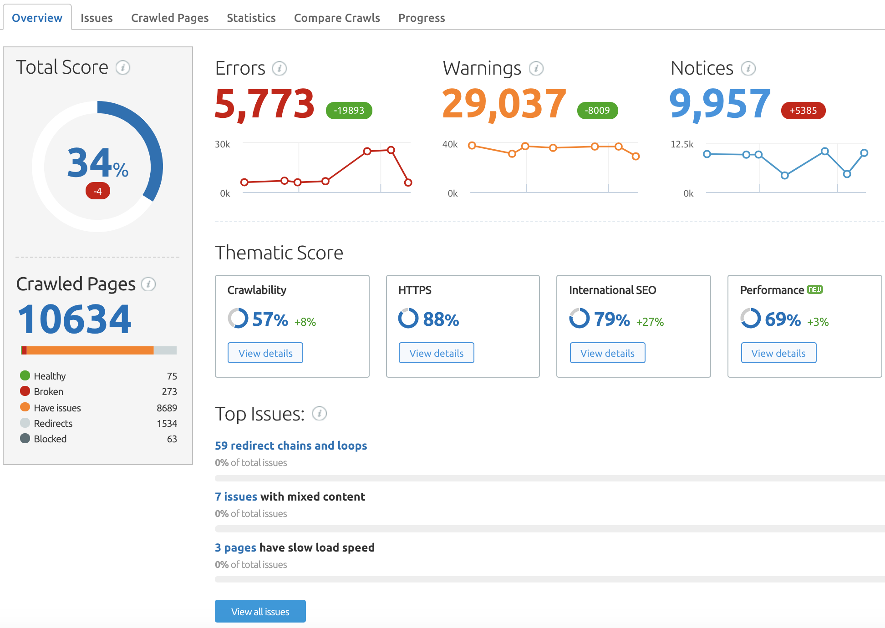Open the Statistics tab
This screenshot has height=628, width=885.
pyautogui.click(x=251, y=18)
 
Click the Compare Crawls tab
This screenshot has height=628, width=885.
pyautogui.click(x=336, y=18)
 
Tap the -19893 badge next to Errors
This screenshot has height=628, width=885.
pyautogui.click(x=349, y=111)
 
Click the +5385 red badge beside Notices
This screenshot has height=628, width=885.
pyautogui.click(x=803, y=111)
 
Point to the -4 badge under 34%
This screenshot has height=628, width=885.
pyautogui.click(x=97, y=191)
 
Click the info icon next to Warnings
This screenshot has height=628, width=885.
pyautogui.click(x=536, y=68)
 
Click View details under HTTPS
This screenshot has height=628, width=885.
pyautogui.click(x=436, y=353)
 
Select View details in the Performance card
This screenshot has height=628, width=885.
pyautogui.click(x=778, y=353)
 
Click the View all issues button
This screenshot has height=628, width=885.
pyautogui.click(x=260, y=611)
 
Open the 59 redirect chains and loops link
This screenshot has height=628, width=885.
pyautogui.click(x=290, y=446)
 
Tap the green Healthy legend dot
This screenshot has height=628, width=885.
pyautogui.click(x=25, y=375)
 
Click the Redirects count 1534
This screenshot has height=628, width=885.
pyautogui.click(x=167, y=424)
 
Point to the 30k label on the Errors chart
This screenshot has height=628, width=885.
pyautogui.click(x=222, y=144)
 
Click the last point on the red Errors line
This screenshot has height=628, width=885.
pyautogui.click(x=408, y=182)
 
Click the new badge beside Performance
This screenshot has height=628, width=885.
pyautogui.click(x=814, y=289)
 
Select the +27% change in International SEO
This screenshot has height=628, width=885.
pyautogui.click(x=650, y=322)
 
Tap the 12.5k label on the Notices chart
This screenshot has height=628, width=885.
pyautogui.click(x=682, y=144)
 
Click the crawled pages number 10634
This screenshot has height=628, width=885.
pyautogui.click(x=75, y=319)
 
